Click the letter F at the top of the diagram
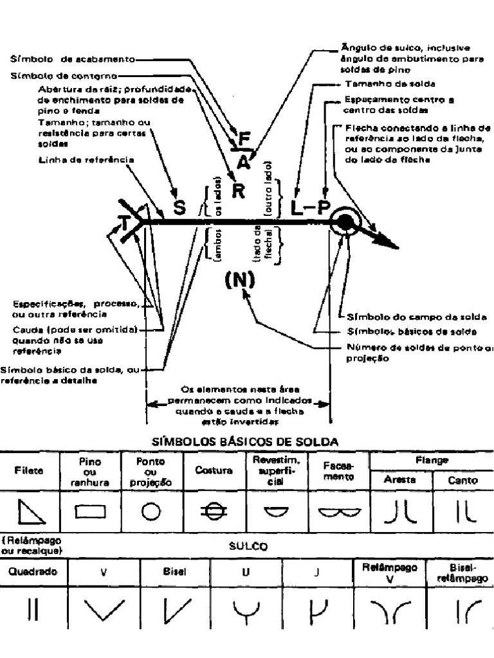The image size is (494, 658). (243, 139)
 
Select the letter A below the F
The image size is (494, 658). (243, 162)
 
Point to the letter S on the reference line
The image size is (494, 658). (179, 208)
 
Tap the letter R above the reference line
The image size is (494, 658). (239, 191)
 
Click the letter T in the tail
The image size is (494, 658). (123, 222)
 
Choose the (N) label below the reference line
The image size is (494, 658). (240, 280)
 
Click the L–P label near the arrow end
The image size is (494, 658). (309, 207)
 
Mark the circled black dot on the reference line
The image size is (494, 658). (345, 222)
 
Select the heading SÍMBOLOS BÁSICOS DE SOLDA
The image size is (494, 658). (244, 441)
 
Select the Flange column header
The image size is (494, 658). (432, 461)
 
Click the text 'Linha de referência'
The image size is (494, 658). (86, 159)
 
